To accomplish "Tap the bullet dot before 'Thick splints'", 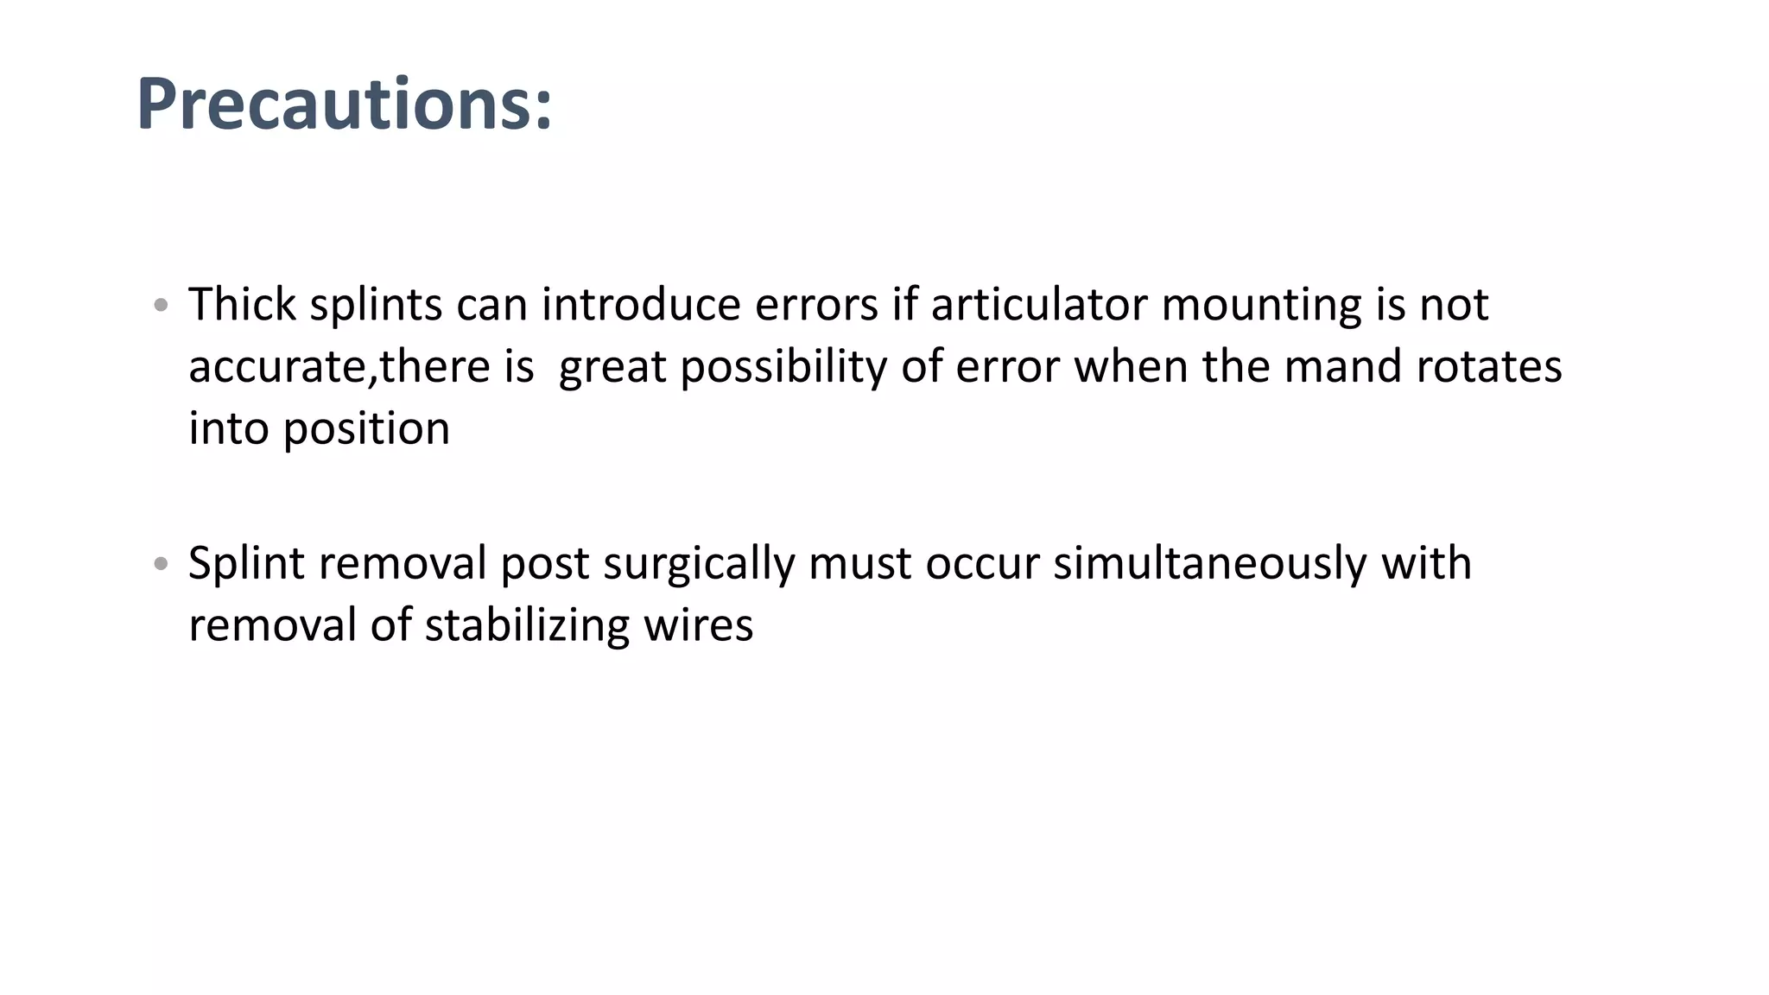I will pos(160,305).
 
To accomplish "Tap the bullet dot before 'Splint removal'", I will pos(160,564).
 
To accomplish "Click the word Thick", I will pos(242,304).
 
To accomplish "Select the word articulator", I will pos(1038,304).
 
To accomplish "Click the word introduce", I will pos(641,304).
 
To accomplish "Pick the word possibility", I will pos(783,367).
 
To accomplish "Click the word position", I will pos(366,429).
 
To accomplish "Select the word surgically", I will pos(699,564).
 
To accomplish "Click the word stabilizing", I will pos(527,625).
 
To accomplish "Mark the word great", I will pos(612,368).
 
